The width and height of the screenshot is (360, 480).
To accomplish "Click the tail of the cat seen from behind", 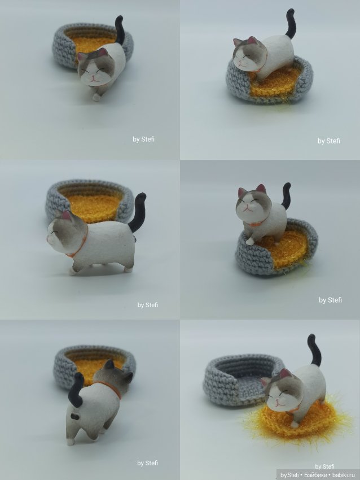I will pos(76,393).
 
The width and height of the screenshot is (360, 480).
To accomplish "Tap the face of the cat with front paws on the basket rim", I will pos(249,59).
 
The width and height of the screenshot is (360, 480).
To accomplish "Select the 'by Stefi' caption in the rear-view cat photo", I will pos(148,463).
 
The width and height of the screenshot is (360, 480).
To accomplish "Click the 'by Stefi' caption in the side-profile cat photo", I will pos(148,305).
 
